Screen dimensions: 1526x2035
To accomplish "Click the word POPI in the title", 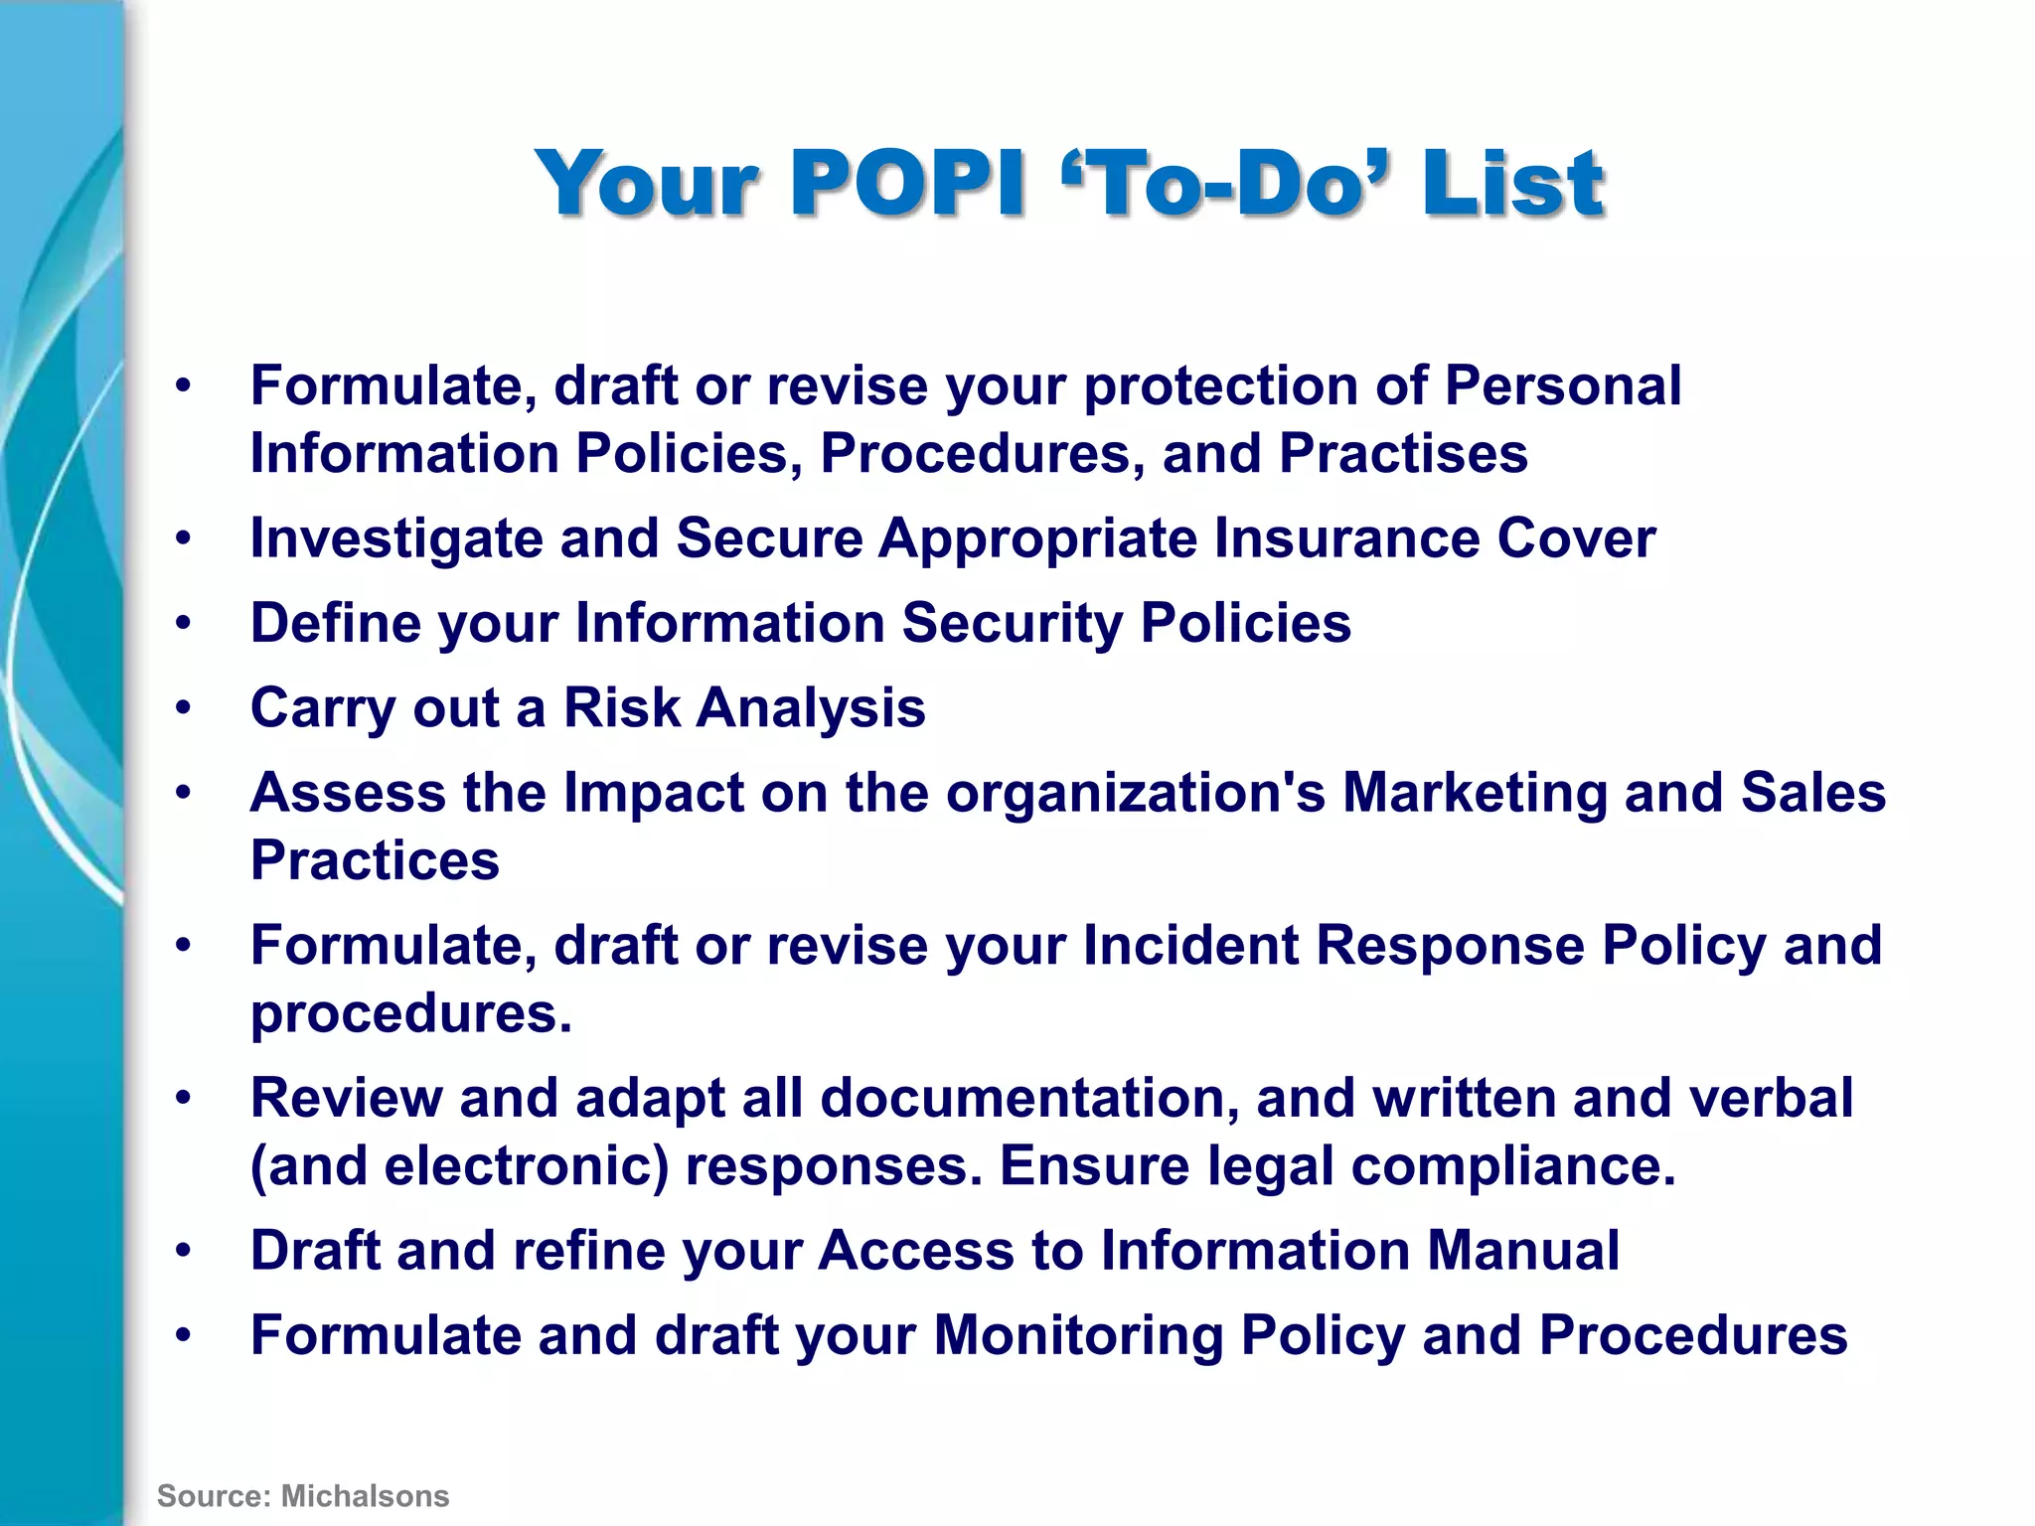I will click(907, 183).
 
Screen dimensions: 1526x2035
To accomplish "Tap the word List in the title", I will click(1512, 183).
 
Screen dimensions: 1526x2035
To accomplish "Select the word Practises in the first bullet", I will click(1403, 454).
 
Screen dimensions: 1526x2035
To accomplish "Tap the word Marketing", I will click(1475, 793).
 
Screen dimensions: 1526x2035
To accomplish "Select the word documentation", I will click(1029, 1098).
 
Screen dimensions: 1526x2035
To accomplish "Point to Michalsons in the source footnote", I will click(366, 1496).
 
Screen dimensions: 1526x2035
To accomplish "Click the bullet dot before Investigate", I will click(183, 538).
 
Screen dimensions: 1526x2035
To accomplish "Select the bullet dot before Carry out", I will click(183, 708).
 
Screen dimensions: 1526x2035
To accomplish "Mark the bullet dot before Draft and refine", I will click(183, 1250).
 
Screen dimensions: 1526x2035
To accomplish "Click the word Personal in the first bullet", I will click(1562, 385).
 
